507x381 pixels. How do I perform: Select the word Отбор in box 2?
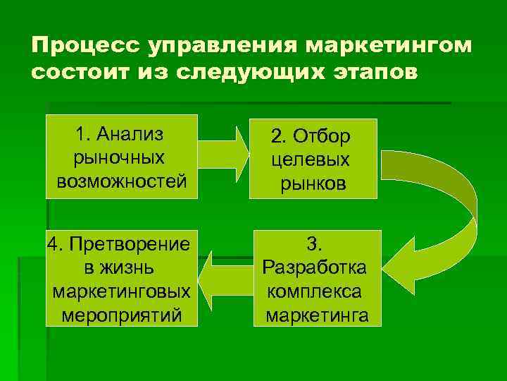coord(325,135)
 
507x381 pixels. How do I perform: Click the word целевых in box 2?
coord(313,159)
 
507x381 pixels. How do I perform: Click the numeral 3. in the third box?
coord(314,244)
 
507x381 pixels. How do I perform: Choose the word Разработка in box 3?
coord(314,268)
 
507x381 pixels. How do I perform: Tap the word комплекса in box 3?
coord(314,291)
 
